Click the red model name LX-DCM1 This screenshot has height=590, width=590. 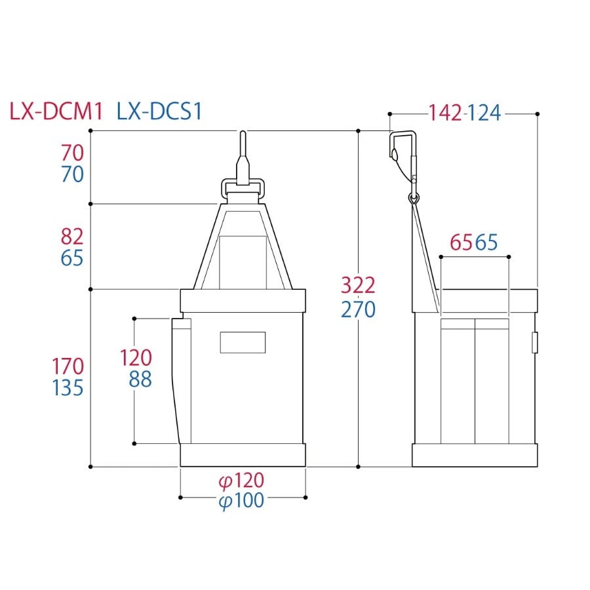[56, 111]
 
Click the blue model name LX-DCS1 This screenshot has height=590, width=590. [159, 111]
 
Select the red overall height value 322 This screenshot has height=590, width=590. [358, 285]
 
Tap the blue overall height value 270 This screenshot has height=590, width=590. [358, 309]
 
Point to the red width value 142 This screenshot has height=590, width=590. [445, 113]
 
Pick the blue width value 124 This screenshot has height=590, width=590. [484, 113]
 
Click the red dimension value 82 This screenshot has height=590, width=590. [72, 237]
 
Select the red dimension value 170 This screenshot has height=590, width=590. [68, 366]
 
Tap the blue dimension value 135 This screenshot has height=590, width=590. [68, 388]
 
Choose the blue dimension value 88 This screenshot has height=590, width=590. [140, 380]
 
